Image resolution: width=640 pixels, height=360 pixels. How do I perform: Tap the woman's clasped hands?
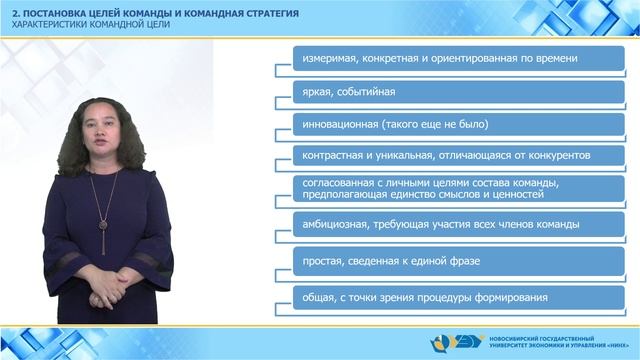[101, 297]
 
